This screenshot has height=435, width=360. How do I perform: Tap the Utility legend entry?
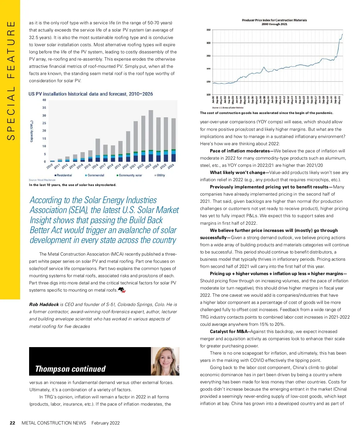point(160,175)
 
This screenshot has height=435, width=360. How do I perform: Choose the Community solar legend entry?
point(129,175)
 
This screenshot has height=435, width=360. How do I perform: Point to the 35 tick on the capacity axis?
point(44,108)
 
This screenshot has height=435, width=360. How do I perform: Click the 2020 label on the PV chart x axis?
point(125,166)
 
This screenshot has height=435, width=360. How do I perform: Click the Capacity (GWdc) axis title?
point(32,131)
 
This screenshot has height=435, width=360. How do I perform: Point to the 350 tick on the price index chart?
point(208,30)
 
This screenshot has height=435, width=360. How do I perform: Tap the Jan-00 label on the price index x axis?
point(213,100)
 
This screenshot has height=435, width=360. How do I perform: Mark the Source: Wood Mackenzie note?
point(42,180)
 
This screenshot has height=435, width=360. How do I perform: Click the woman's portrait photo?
point(165,361)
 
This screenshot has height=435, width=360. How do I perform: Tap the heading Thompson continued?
point(70,369)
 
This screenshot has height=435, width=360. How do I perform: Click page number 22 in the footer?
point(12,423)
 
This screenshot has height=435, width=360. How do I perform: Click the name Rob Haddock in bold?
point(44,304)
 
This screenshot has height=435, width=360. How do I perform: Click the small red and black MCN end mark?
point(122,290)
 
